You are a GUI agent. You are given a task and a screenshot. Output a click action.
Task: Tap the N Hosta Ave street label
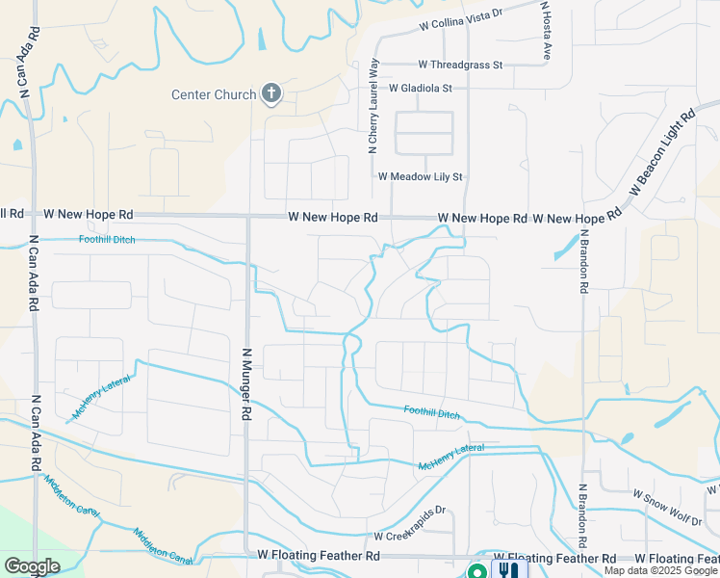pos(544,31)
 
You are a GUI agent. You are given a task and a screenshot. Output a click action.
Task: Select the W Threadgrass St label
pos(460,65)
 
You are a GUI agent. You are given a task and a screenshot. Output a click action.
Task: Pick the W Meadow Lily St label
pos(421,177)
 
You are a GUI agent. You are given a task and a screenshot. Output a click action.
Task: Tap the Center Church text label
pos(214,94)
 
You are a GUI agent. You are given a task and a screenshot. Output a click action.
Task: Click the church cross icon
pos(271,93)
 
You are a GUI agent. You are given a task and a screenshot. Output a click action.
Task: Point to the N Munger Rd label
pos(246,383)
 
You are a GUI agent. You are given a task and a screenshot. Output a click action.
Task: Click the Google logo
pos(32,566)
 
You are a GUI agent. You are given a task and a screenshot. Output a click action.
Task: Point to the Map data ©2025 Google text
pos(661,570)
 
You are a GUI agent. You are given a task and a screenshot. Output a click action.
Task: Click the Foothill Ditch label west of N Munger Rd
pos(108,240)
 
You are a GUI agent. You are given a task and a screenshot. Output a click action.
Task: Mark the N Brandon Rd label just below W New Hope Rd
pos(583,261)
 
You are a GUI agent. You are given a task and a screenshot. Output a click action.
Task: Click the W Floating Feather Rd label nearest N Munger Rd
pos(319,556)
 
